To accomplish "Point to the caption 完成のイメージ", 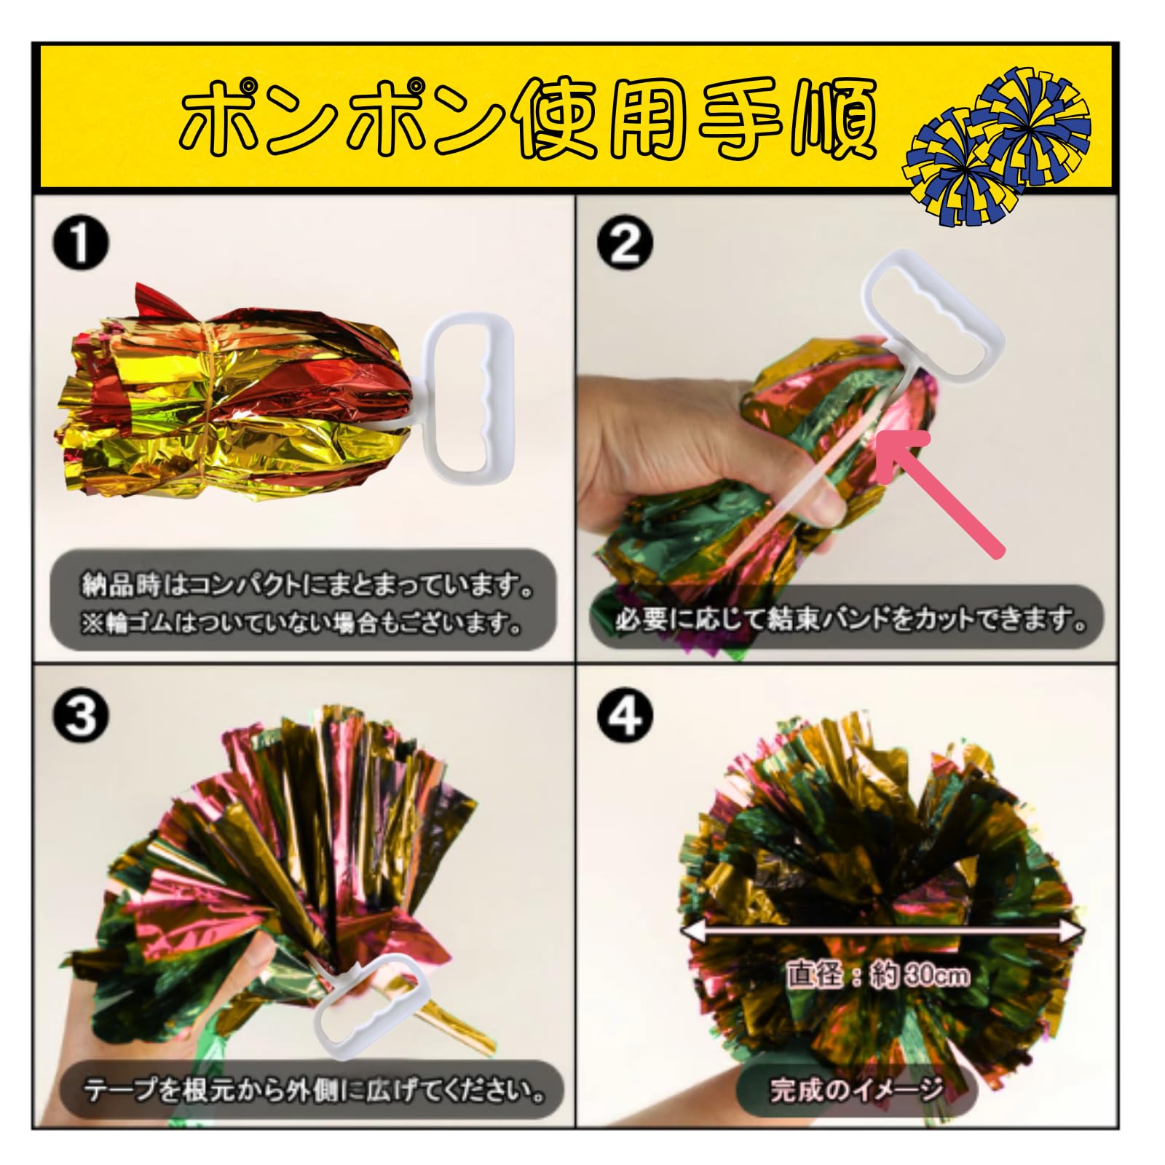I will (x=856, y=1090).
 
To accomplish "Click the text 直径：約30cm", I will (x=877, y=975).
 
